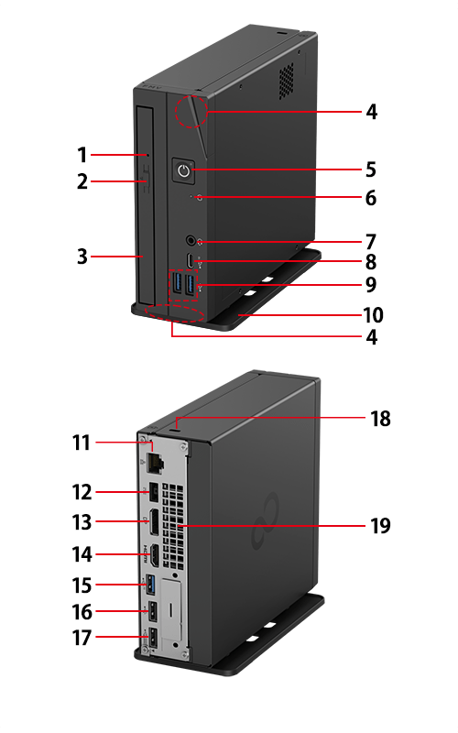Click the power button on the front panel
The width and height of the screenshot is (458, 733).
coord(184,170)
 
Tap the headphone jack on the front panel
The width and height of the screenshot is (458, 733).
coord(191,241)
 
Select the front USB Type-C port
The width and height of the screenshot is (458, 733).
coord(190,261)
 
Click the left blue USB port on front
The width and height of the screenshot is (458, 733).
coord(178,284)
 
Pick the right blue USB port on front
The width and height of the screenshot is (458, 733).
coord(191,285)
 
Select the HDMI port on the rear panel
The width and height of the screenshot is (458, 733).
coord(154,555)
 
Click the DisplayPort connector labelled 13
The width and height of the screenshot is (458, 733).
coord(153,522)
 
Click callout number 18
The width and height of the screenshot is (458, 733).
coord(380,419)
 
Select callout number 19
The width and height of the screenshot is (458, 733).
coord(380,525)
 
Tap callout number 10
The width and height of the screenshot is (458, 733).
coord(374,315)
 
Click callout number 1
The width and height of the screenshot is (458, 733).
coord(82,155)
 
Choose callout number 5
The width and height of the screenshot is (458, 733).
coord(371,170)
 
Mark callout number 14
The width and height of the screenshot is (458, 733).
coord(82,554)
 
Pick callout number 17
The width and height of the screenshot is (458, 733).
coord(82,638)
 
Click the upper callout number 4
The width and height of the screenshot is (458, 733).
coord(372,112)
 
